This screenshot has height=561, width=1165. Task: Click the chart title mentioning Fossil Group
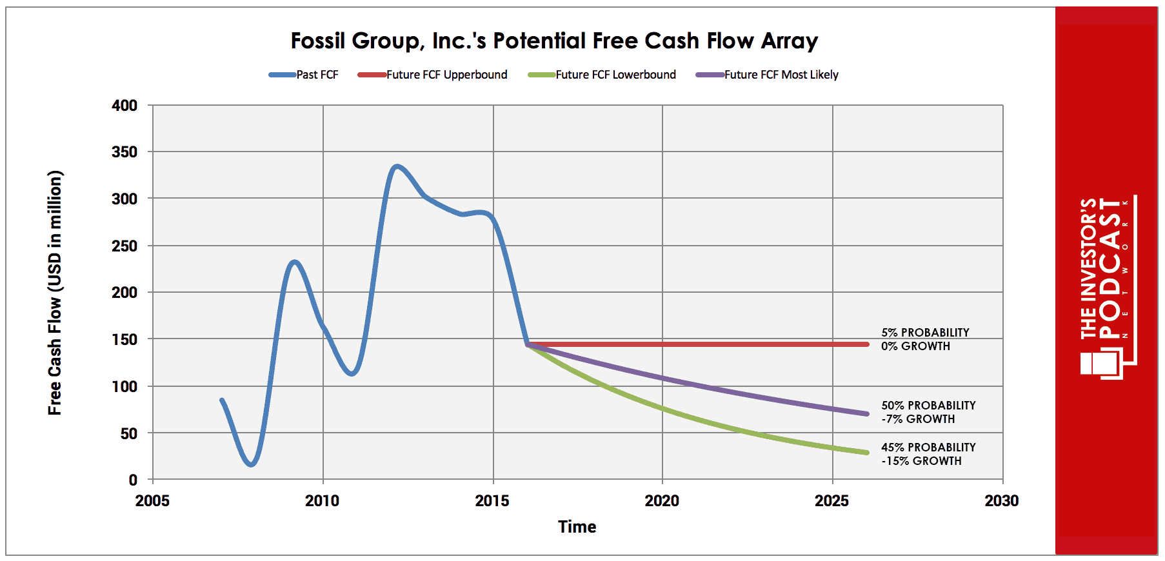(553, 41)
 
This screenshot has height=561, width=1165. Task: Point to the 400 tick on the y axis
(124, 105)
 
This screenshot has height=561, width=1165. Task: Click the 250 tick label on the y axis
(124, 246)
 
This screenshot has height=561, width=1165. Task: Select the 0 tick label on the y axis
(133, 480)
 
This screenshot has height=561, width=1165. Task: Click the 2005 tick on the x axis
(152, 501)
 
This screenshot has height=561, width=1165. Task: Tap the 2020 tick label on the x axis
(662, 501)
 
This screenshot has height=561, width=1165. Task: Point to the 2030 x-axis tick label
(1001, 501)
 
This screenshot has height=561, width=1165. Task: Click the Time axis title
(577, 527)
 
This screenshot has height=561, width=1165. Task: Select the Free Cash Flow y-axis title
(55, 293)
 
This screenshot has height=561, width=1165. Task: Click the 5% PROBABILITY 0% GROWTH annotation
(924, 339)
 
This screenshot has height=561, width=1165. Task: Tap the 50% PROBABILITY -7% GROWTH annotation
(928, 412)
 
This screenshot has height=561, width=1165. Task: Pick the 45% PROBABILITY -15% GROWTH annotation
(928, 454)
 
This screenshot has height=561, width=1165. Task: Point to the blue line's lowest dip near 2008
(252, 464)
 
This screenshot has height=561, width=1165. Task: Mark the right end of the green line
(867, 453)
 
